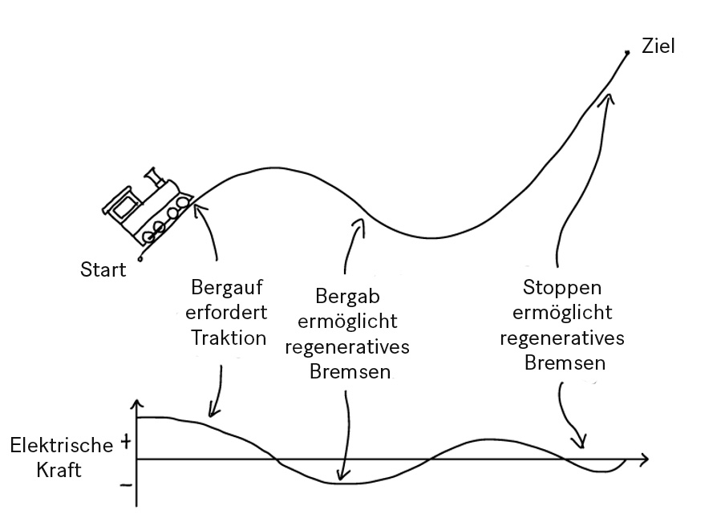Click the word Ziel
click(658, 46)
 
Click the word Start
click(103, 269)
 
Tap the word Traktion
click(228, 338)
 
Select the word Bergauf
click(228, 287)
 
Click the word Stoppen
click(561, 287)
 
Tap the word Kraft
click(59, 470)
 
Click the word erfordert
click(228, 312)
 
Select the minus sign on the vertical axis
click(125, 485)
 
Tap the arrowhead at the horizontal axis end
click(644, 459)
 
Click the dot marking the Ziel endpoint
click(627, 53)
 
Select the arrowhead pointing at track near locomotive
click(198, 210)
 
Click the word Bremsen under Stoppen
click(561, 363)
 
